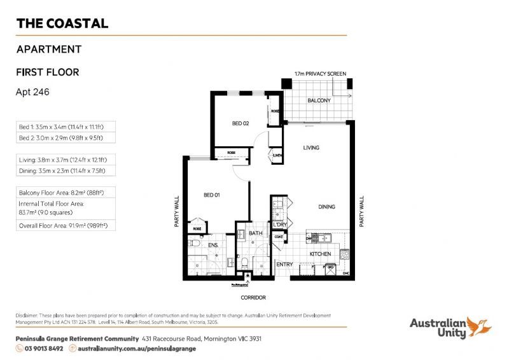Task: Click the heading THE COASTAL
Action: (62, 24)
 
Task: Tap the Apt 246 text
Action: (32, 92)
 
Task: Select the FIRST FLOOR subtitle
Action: (48, 72)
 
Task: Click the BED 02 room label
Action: (240, 123)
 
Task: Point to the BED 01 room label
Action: (212, 195)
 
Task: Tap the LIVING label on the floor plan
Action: (311, 148)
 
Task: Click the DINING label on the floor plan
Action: (327, 207)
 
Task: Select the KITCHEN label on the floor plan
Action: (319, 254)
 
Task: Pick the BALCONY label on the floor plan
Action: (319, 101)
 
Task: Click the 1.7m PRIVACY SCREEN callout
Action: (321, 74)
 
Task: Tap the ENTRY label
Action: (284, 264)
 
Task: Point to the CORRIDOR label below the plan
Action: (253, 297)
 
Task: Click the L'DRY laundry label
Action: (279, 225)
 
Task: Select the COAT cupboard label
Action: (279, 237)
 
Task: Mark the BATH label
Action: (255, 233)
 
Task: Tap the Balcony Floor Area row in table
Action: (66, 191)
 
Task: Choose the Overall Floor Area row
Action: (66, 225)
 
